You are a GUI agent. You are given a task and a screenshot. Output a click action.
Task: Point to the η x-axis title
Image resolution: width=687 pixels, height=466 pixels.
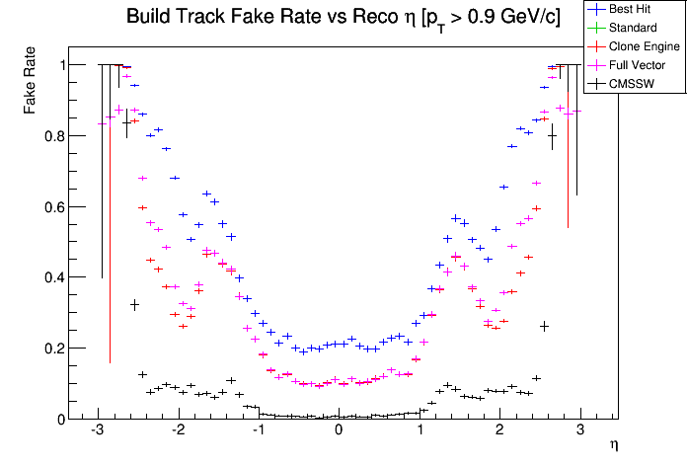[614, 446]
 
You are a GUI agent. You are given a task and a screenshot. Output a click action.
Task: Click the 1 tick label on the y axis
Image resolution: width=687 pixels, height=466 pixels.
[59, 65]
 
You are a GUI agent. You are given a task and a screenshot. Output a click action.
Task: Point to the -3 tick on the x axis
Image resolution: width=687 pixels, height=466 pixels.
[97, 432]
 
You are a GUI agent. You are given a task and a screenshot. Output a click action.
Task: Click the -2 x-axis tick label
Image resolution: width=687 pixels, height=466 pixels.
[178, 432]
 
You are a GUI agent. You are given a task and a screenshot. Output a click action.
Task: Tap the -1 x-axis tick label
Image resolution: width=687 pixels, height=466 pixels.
[258, 432]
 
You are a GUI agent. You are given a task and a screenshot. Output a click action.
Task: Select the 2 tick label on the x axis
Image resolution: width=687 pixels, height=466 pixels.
[499, 432]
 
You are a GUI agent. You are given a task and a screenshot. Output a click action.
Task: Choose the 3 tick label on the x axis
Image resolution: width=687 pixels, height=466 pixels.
[579, 432]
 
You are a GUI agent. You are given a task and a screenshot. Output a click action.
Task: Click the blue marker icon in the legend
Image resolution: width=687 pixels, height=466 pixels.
[595, 8]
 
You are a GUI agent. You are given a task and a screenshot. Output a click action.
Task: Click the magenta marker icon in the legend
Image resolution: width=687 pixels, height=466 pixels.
[595, 65]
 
